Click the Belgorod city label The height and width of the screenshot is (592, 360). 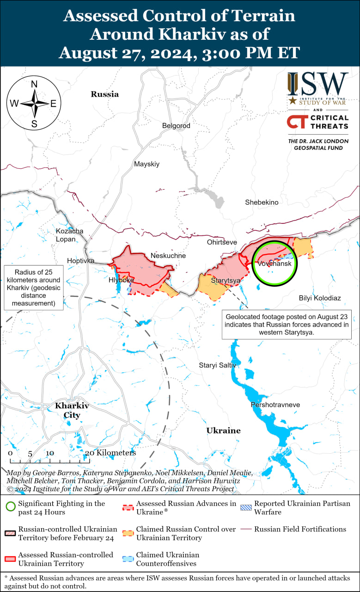[176, 125]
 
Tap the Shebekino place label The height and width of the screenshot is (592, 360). [262, 202]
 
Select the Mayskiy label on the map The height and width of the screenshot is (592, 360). [146, 164]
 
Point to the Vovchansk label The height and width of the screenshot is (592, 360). [275, 264]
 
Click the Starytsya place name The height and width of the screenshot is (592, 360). [226, 280]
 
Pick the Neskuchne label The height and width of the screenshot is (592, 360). [168, 255]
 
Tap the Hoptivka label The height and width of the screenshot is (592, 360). [80, 261]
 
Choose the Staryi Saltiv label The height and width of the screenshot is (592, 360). [217, 365]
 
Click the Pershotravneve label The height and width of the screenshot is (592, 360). [275, 405]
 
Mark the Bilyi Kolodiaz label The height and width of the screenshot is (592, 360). [320, 298]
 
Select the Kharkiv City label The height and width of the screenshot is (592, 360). [72, 410]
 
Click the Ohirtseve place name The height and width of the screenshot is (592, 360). [222, 242]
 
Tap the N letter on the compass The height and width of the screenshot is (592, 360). [34, 84]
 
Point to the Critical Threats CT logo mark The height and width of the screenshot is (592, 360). [297, 122]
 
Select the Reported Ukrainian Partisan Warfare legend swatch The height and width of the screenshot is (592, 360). [245, 507]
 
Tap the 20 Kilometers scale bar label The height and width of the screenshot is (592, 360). [110, 453]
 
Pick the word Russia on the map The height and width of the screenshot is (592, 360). [104, 94]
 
